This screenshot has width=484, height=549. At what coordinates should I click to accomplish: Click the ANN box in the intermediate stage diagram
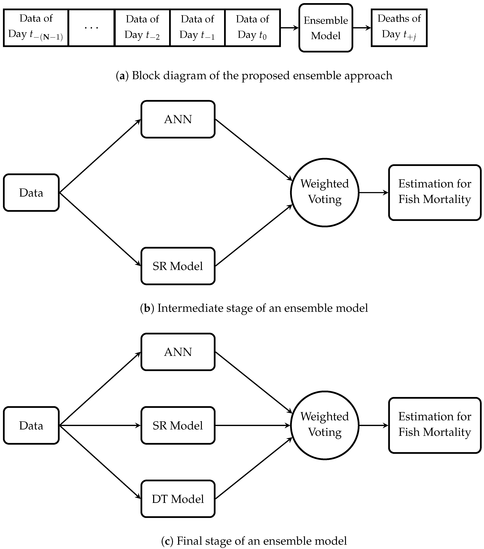(178, 119)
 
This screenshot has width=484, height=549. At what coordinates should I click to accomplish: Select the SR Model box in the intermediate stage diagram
(178, 266)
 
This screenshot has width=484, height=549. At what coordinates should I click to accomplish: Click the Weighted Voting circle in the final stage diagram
(325, 425)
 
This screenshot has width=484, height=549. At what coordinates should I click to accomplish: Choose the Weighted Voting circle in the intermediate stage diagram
(325, 193)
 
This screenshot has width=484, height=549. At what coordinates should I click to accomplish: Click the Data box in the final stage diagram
(31, 425)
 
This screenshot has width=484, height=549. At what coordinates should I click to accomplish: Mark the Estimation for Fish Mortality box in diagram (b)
(435, 193)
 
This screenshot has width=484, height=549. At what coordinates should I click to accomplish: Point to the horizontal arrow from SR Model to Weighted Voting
(252, 425)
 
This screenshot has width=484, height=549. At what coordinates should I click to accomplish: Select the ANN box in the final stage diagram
(178, 352)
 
